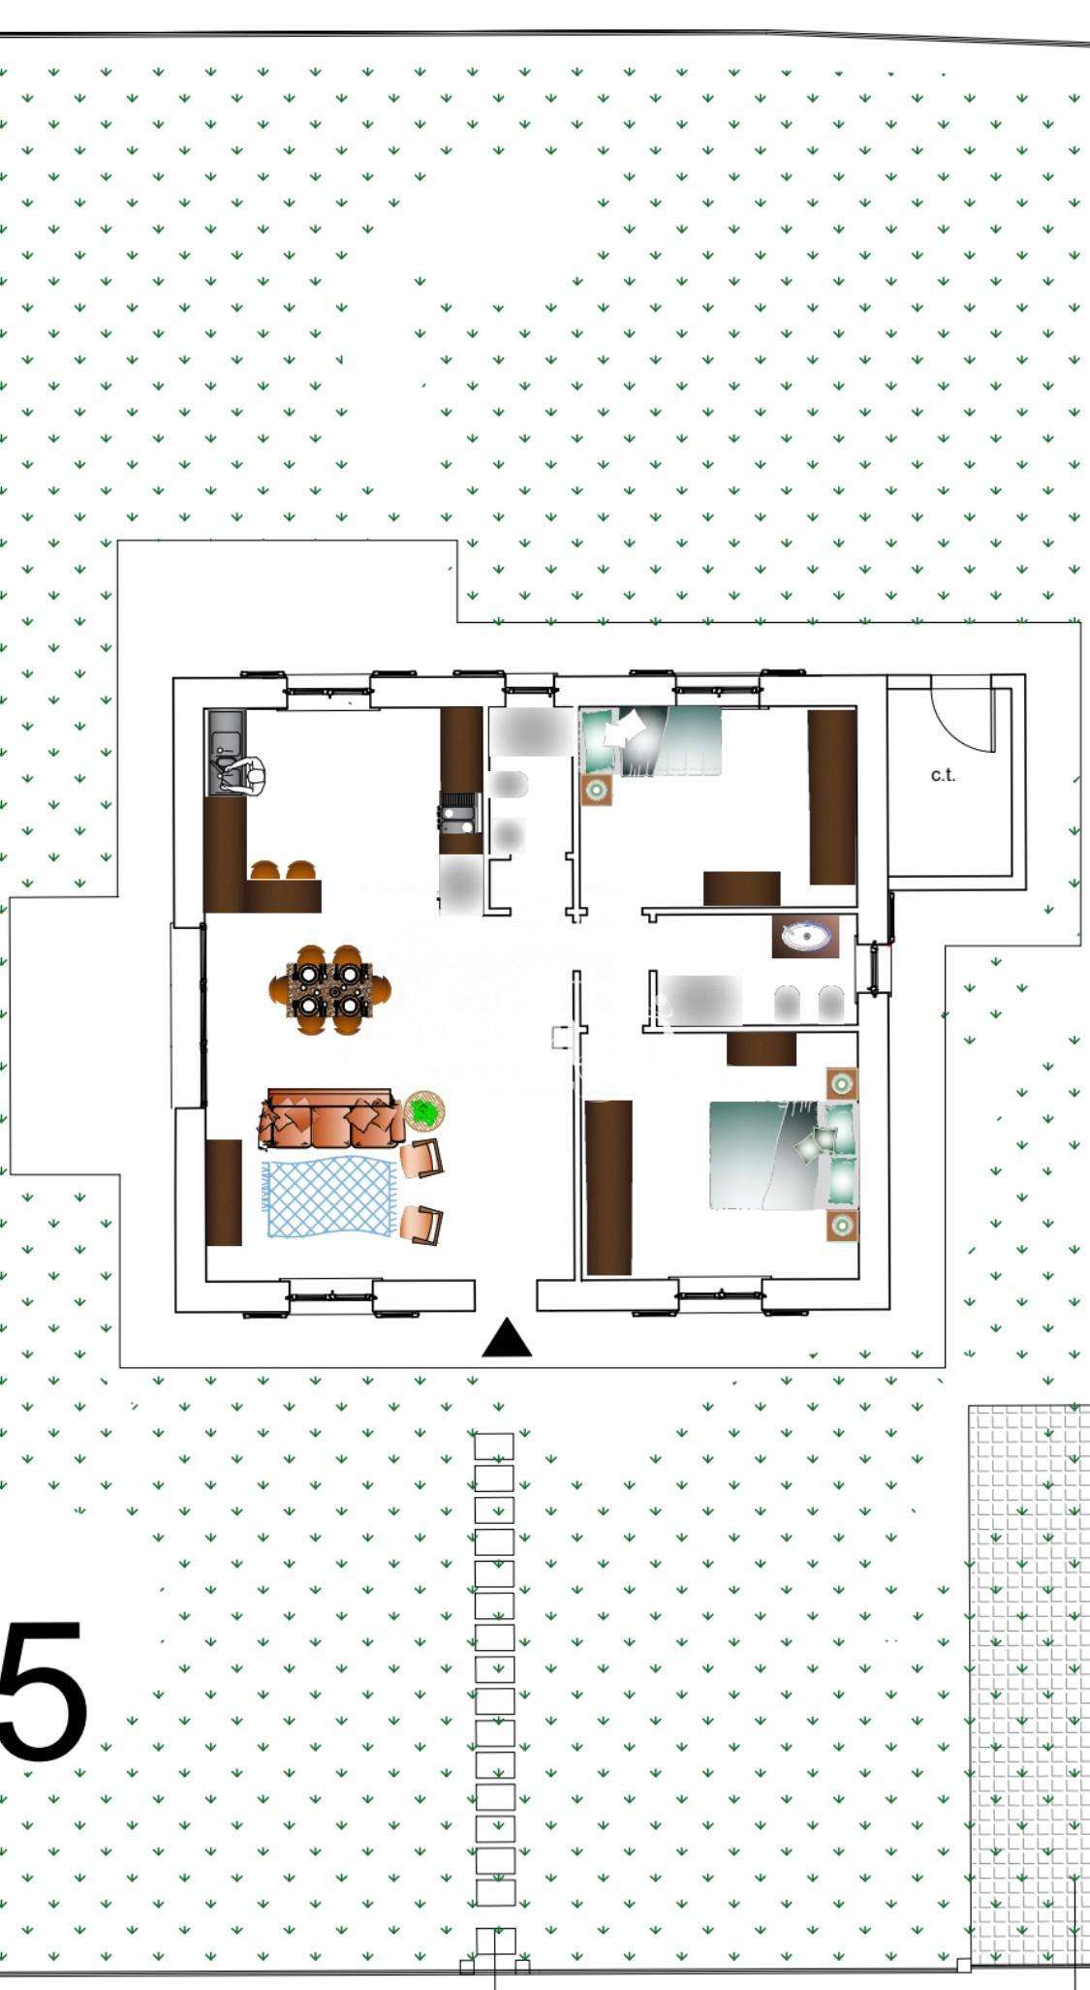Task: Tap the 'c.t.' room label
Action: [943, 775]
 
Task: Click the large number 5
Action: [44, 1692]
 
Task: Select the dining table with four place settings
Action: [330, 989]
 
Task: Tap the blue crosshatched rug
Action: [330, 1197]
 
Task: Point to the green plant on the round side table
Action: [423, 1111]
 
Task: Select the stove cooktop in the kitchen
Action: [459, 813]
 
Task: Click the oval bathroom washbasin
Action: [807, 937]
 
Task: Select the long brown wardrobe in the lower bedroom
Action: [608, 1187]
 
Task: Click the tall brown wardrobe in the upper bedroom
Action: [832, 796]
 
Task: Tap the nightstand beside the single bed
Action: [597, 791]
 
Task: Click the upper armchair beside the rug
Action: [422, 1158]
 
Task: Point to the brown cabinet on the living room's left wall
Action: [224, 1193]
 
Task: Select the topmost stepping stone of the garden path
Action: [494, 1446]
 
